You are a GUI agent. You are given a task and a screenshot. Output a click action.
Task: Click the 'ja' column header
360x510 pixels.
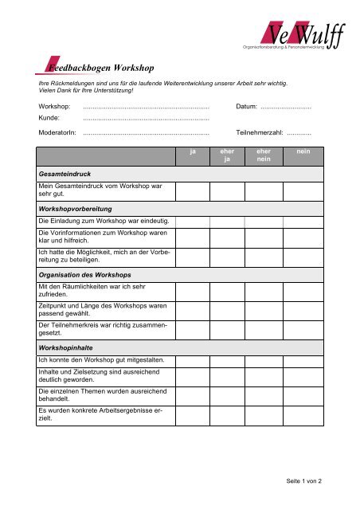193,151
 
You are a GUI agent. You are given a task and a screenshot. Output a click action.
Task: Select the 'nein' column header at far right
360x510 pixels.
303,151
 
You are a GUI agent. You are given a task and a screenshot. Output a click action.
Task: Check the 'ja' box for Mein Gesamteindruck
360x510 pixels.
193,190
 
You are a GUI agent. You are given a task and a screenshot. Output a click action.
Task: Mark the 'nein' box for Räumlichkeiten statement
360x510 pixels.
303,292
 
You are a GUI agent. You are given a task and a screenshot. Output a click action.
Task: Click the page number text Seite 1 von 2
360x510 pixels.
310,481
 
